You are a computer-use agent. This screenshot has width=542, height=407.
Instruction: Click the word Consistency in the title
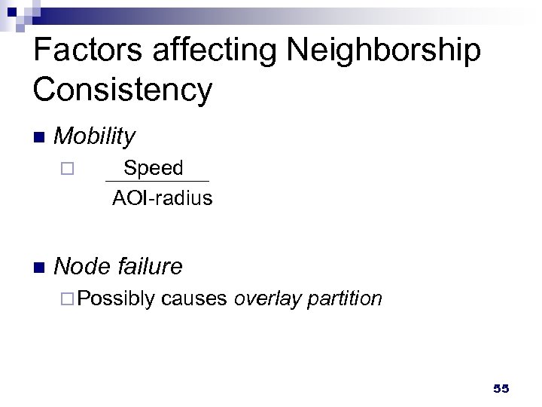pyautogui.click(x=123, y=90)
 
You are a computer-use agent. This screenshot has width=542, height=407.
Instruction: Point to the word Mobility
pyautogui.click(x=95, y=136)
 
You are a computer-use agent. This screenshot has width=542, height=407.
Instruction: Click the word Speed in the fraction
pyautogui.click(x=154, y=168)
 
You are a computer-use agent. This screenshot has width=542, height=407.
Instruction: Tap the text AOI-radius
pyautogui.click(x=162, y=198)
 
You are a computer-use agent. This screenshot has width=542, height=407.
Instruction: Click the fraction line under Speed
pyautogui.click(x=157, y=182)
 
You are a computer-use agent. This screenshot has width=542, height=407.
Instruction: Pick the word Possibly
pyautogui.click(x=115, y=299)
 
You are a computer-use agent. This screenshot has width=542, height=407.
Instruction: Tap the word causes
pyautogui.click(x=194, y=299)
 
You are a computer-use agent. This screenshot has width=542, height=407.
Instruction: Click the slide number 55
pyautogui.click(x=501, y=389)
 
